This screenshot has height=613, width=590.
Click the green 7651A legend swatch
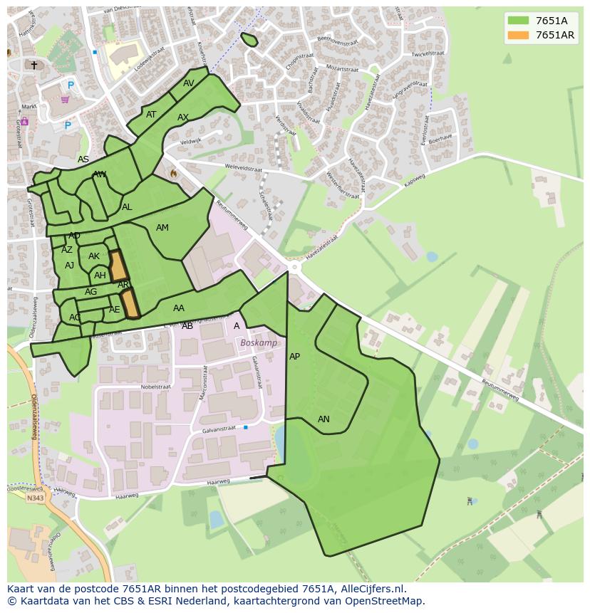pyautogui.click(x=518, y=21)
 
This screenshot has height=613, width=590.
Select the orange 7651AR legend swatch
pyautogui.click(x=518, y=35)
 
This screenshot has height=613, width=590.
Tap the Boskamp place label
pyautogui.click(x=259, y=342)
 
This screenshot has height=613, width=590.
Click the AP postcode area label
pyautogui.click(x=294, y=357)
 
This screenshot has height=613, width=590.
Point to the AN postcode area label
pyautogui.click(x=324, y=419)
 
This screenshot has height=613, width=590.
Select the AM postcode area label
pyautogui.click(x=162, y=228)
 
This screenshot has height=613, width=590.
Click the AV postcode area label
pyautogui.click(x=189, y=83)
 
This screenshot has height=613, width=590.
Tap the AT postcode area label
pyautogui.click(x=151, y=115)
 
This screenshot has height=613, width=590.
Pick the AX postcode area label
pyautogui.click(x=183, y=117)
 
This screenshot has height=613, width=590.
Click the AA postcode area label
pyautogui.click(x=179, y=308)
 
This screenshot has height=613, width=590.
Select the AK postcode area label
pyautogui.click(x=94, y=256)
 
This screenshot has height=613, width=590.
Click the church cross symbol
pyautogui.click(x=33, y=65)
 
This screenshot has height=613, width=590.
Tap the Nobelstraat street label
pyautogui.click(x=156, y=387)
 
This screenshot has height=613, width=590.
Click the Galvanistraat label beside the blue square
pyautogui.click(x=219, y=429)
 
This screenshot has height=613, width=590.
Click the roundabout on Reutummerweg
pyautogui.click(x=294, y=267)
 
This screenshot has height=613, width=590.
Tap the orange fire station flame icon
pyautogui.click(x=172, y=173)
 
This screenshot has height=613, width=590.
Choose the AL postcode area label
pyautogui.click(x=127, y=207)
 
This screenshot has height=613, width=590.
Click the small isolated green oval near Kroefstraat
pyautogui.click(x=249, y=40)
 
